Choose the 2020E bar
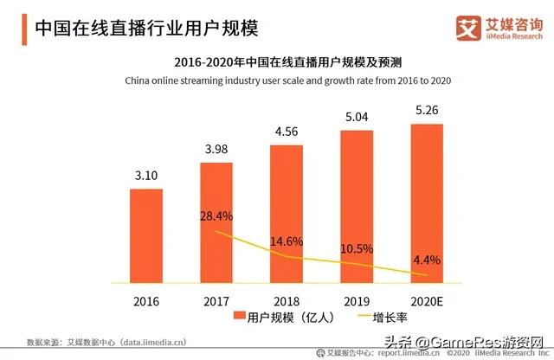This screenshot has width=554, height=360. tap(427, 202)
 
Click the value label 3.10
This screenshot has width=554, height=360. tap(146, 177)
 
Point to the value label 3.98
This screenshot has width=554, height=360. tap(216, 151)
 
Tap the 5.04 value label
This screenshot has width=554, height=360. tap(357, 118)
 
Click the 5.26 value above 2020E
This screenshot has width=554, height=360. tap(427, 112)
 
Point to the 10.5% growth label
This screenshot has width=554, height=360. tap(357, 248)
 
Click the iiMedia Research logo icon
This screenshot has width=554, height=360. tap(468, 27)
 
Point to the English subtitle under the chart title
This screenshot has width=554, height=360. tap(278, 80)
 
